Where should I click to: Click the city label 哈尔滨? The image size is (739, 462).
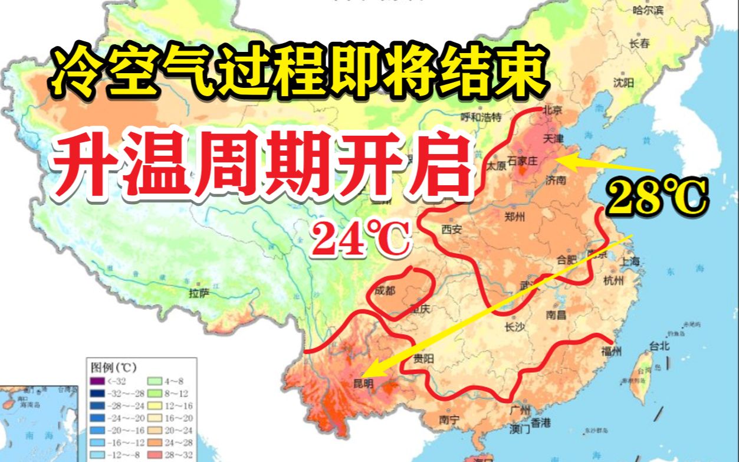point(648,10)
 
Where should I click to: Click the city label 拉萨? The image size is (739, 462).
point(199,293)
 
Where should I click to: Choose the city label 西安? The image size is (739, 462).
point(451,230)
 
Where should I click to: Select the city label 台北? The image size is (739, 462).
point(659,346)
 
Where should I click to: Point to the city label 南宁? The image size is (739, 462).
point(450,420)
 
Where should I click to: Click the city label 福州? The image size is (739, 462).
point(612,352)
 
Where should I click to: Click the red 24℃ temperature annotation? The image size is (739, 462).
point(360,239)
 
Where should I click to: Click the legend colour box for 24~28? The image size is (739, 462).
point(156,441)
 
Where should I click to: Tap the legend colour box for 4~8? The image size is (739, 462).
point(156,381)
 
